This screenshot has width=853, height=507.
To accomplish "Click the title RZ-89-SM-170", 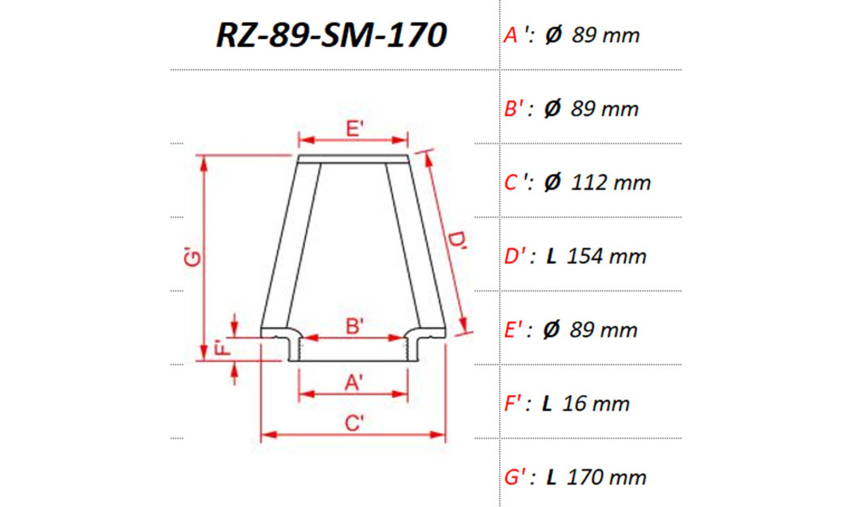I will [331, 35].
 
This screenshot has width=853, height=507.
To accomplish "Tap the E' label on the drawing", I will [353, 128].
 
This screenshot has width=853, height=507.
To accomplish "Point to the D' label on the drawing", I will [458, 243].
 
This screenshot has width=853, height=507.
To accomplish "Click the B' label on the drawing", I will [353, 326].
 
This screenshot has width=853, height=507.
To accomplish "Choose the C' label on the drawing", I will [353, 423].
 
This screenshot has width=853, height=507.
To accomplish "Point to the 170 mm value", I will [606, 477].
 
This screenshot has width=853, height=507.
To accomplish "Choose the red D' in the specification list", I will [515, 256].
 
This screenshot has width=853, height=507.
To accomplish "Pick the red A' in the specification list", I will [514, 35].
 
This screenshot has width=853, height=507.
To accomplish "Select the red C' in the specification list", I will [515, 183].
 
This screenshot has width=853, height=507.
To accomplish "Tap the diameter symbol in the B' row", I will [552, 109].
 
